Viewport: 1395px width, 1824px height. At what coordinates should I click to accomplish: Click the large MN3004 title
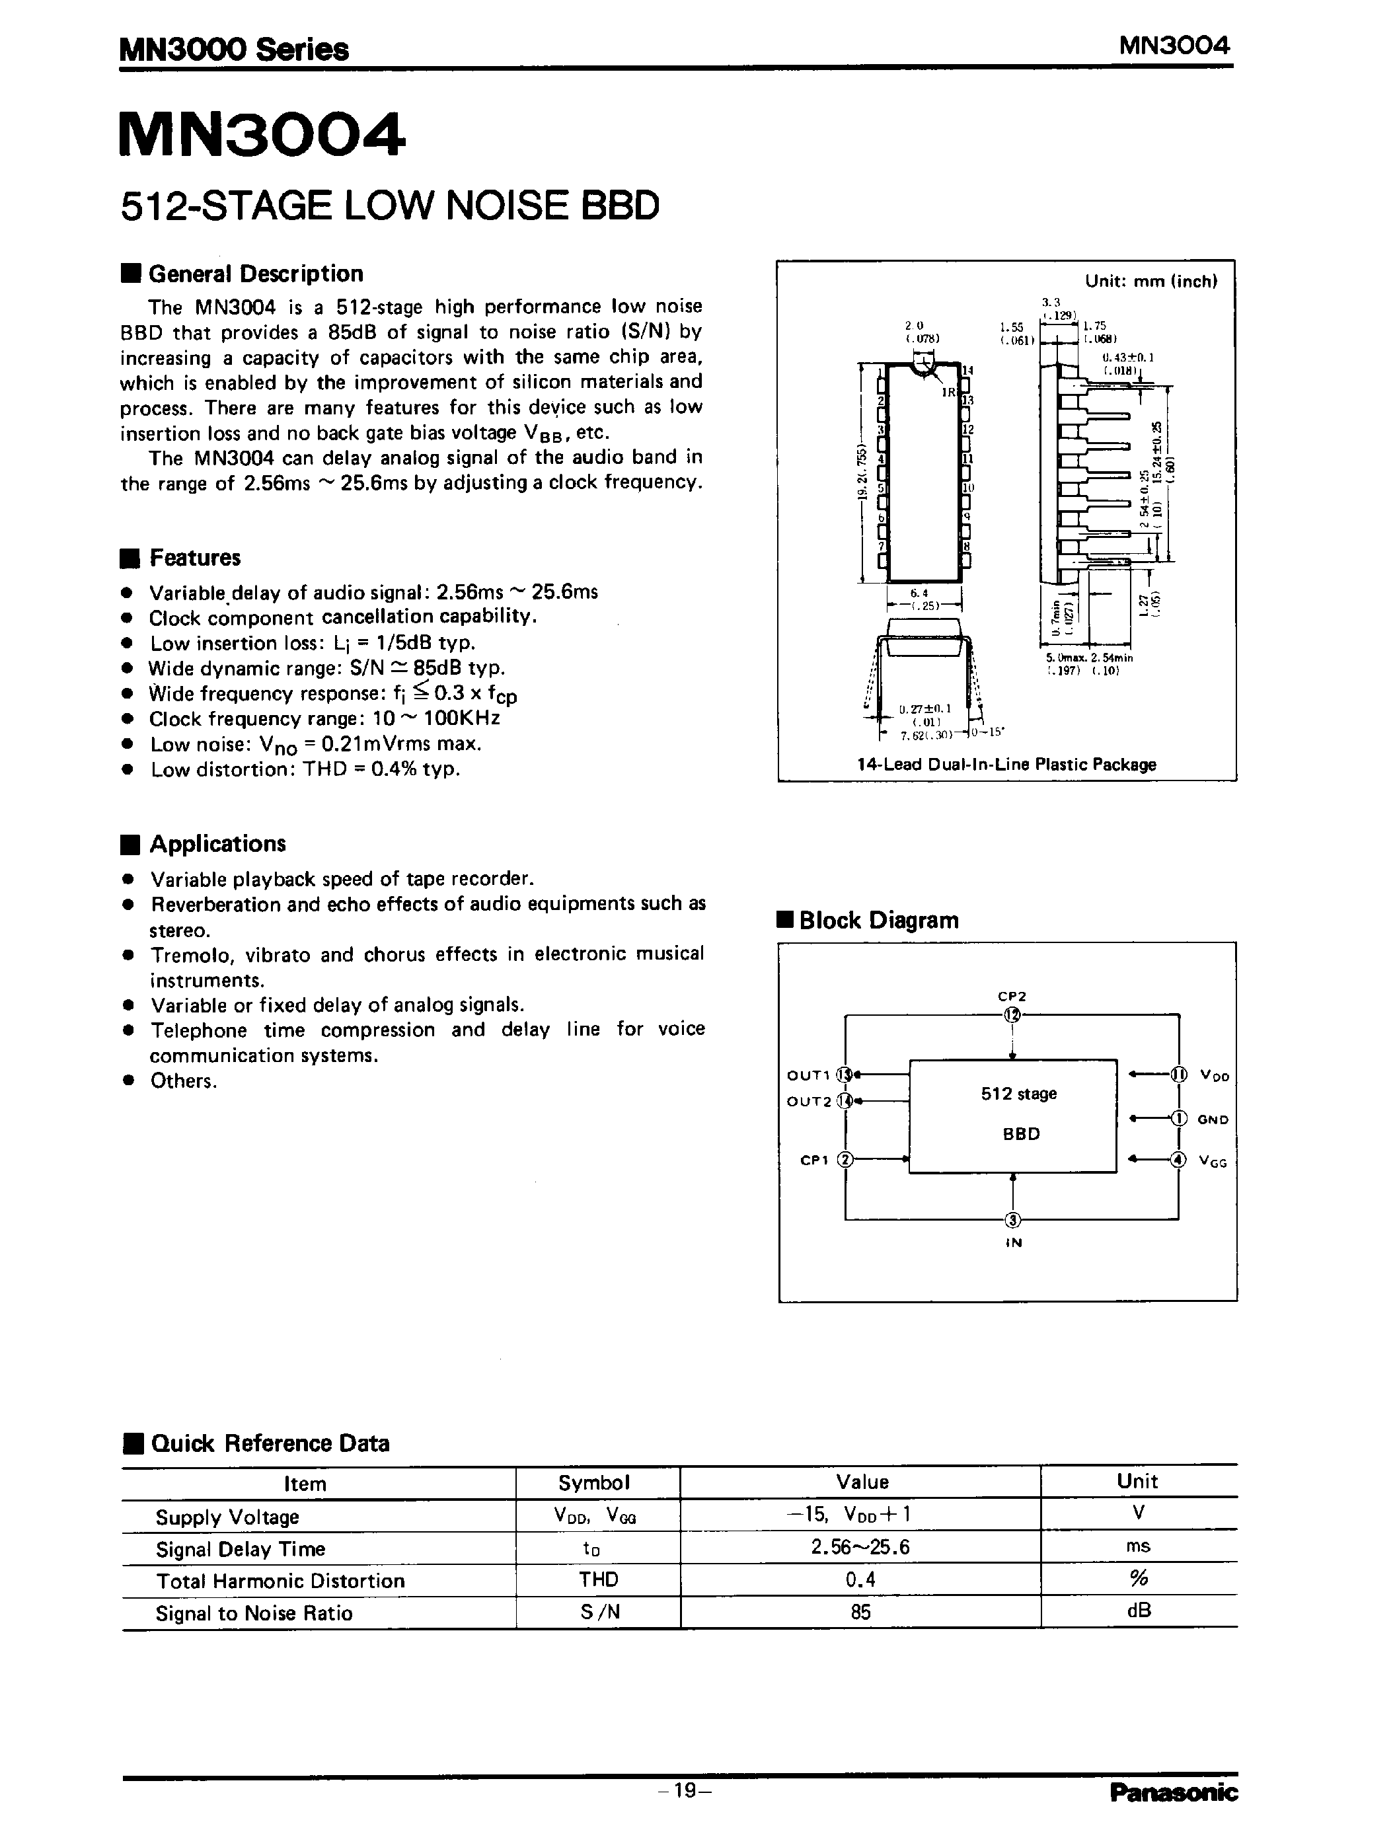coord(262,135)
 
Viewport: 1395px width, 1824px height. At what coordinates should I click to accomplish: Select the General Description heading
coord(255,274)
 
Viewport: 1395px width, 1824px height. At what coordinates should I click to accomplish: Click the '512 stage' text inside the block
coord(1019,1093)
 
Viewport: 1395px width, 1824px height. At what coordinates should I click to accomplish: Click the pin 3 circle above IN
coord(1012,1219)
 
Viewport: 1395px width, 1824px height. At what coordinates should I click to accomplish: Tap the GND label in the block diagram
coord(1213,1119)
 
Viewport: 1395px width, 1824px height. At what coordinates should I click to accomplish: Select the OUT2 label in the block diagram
coord(809,1102)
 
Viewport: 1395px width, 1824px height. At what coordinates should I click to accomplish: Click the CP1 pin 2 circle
coord(845,1160)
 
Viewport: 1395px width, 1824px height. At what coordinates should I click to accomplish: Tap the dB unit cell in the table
coord(1139,1611)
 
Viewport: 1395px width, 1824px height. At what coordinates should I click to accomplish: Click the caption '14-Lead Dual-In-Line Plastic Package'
coord(1006,764)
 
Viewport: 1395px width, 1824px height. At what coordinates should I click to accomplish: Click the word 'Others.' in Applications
coord(184,1081)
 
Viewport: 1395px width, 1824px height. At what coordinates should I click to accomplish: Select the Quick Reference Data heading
coord(270,1443)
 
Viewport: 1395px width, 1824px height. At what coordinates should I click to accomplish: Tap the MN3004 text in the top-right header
coord(1174,46)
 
